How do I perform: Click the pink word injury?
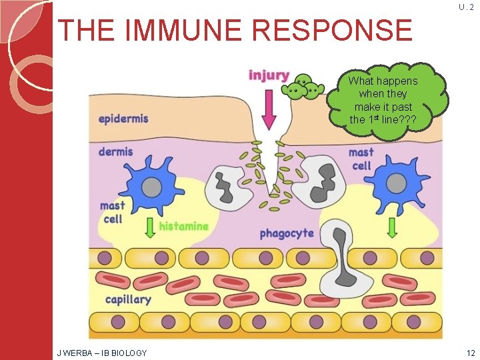pos(269,75)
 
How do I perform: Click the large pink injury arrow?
pos(269,109)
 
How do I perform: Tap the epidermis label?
pos(123,119)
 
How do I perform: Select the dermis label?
pos(115,151)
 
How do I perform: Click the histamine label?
pos(183,227)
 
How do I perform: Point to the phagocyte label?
pos(287,234)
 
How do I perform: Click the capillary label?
pos(128,299)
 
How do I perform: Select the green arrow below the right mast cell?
pos(391,227)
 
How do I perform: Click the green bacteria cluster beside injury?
pos(306,87)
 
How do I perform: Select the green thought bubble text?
pos(383,100)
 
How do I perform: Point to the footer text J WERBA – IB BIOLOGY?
pos(101,352)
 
